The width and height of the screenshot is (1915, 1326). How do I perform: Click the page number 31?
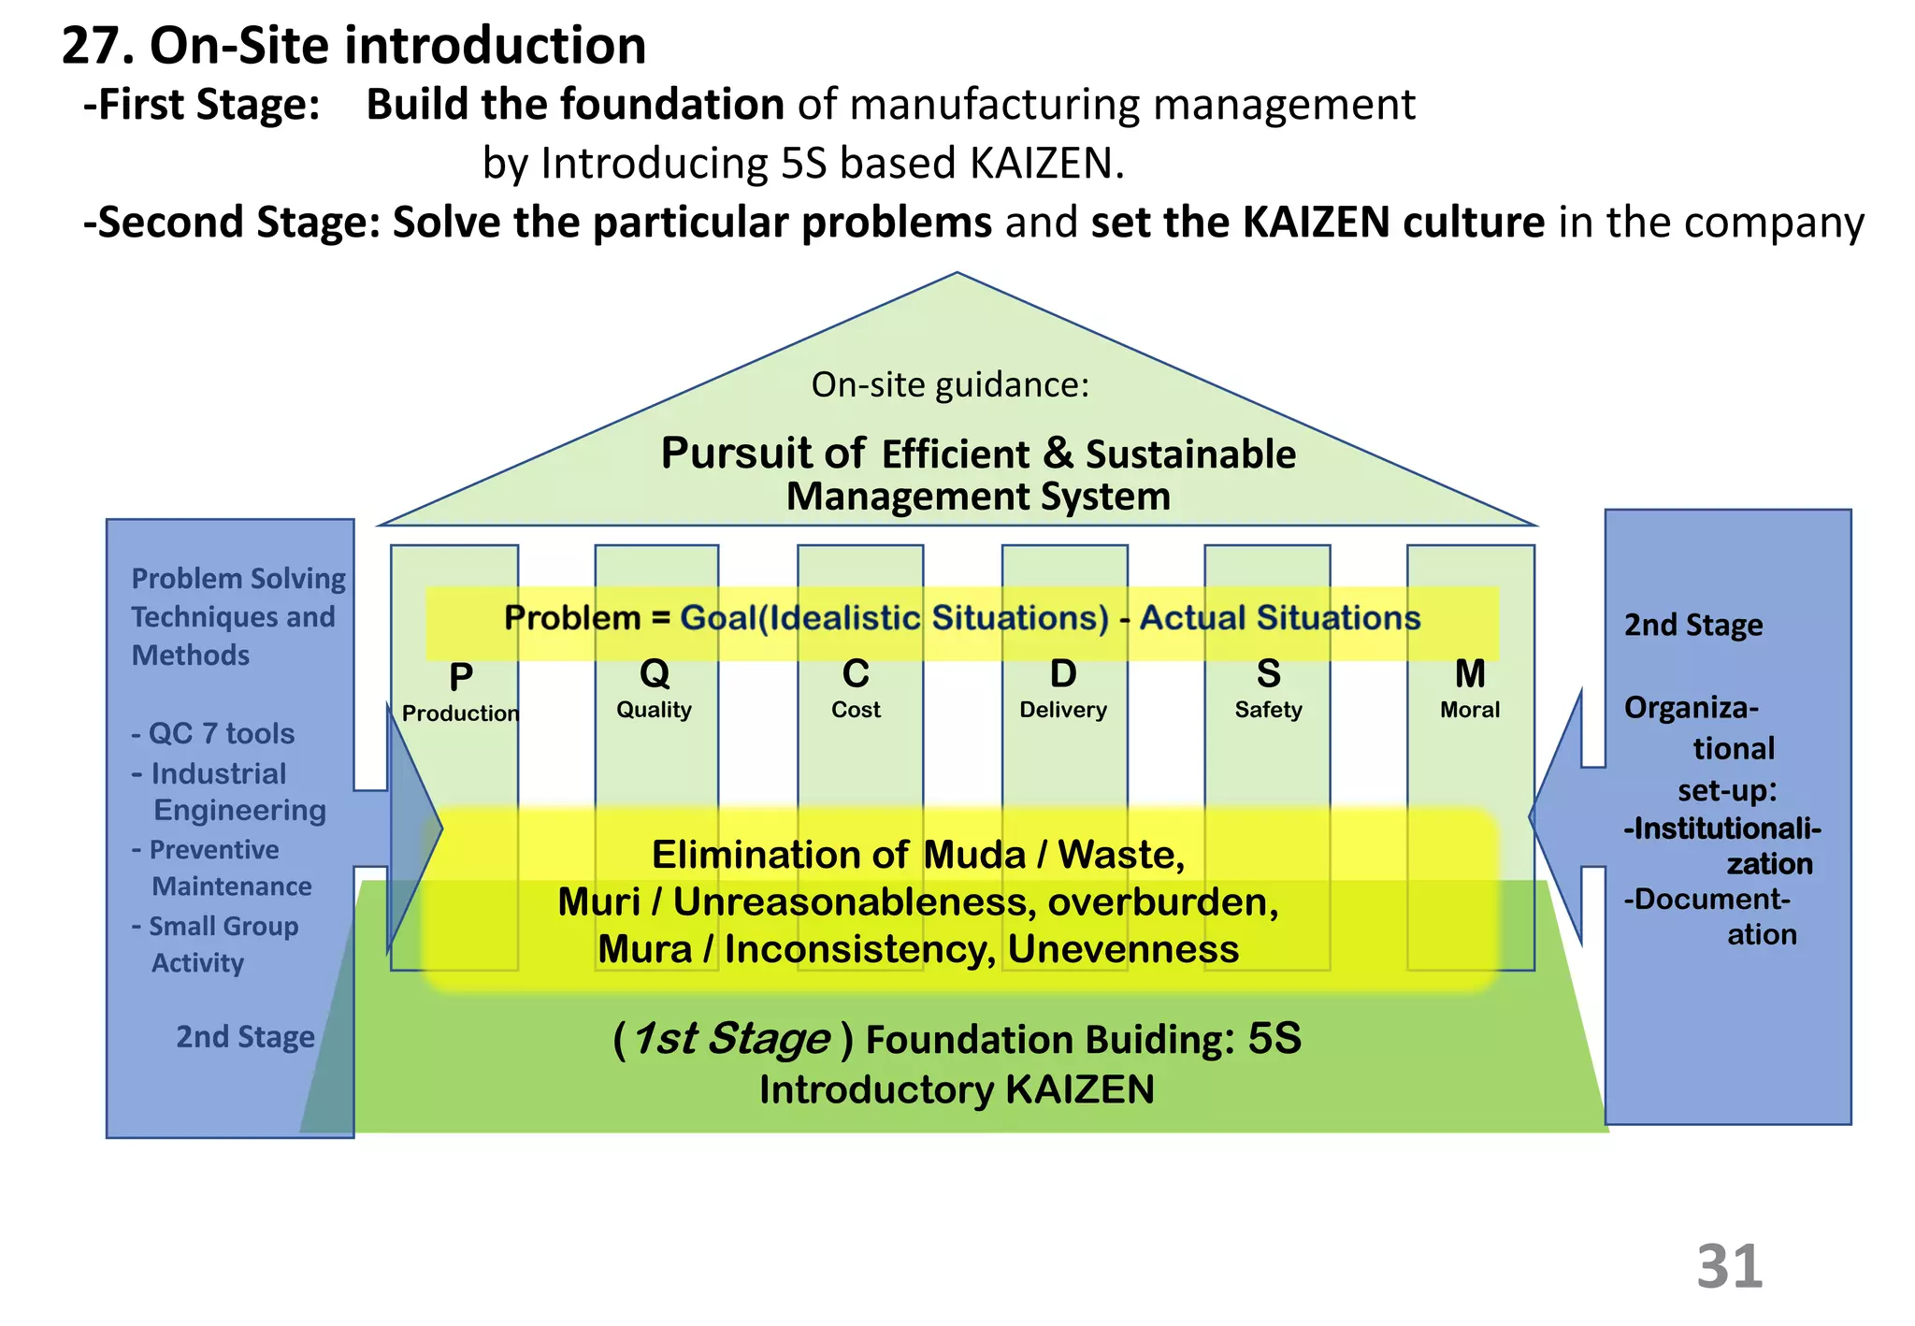[1729, 1267]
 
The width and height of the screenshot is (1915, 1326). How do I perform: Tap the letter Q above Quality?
[655, 673]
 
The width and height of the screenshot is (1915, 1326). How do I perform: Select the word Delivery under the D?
[1062, 710]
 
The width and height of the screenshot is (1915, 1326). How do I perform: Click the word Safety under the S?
[1268, 710]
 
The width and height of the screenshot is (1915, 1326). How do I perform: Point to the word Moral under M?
[1469, 710]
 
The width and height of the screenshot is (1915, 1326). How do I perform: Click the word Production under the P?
[460, 713]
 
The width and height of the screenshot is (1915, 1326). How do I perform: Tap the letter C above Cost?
[856, 673]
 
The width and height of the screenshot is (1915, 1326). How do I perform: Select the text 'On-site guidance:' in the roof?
[950, 384]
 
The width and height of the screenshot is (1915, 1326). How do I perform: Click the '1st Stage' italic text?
[731, 1039]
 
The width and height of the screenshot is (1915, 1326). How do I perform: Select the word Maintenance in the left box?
[232, 886]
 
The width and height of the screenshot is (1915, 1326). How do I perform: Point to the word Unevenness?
[1123, 949]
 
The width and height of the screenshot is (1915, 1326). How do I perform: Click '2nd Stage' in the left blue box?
[245, 1037]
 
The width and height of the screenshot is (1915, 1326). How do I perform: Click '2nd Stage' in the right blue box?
[1692, 625]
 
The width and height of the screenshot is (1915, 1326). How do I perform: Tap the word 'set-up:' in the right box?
[1726, 791]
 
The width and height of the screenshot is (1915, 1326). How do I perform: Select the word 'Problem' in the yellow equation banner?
[571, 618]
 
